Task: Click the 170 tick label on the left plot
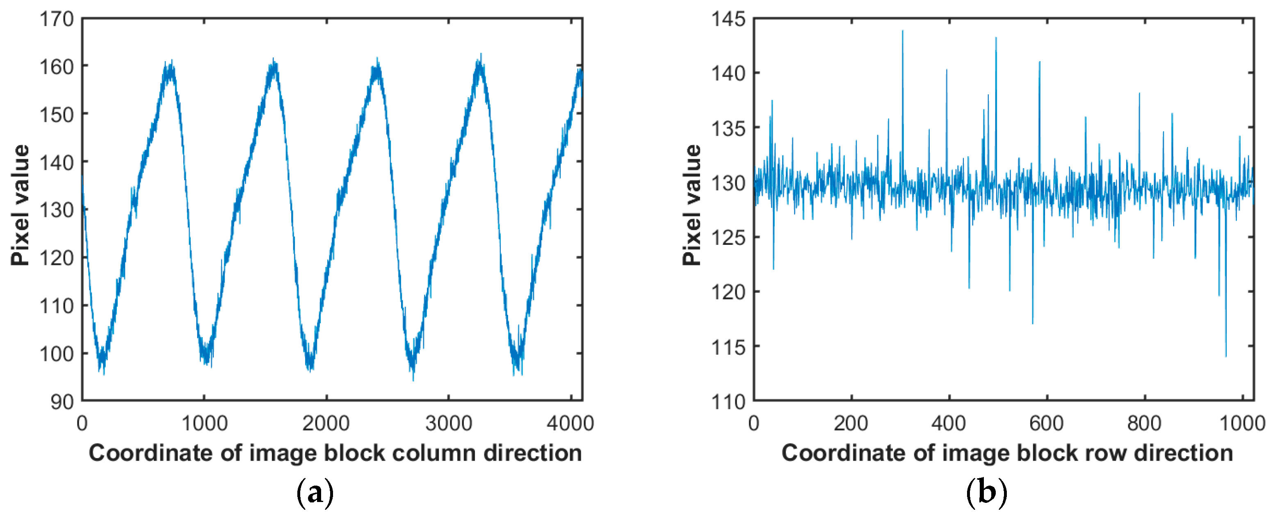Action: click(56, 19)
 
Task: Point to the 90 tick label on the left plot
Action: click(62, 402)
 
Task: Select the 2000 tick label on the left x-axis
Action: click(326, 424)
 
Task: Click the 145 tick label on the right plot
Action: click(728, 19)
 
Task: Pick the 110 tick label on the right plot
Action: click(728, 402)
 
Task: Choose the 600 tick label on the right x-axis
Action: click(1046, 424)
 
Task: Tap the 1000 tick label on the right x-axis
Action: click(1242, 424)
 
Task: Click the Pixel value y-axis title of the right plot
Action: click(692, 205)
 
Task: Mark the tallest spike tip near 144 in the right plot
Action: click(902, 31)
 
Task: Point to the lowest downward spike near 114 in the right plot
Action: click(1225, 356)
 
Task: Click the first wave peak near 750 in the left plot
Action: click(170, 62)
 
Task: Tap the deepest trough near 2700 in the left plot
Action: click(413, 380)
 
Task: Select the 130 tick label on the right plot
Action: click(728, 183)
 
